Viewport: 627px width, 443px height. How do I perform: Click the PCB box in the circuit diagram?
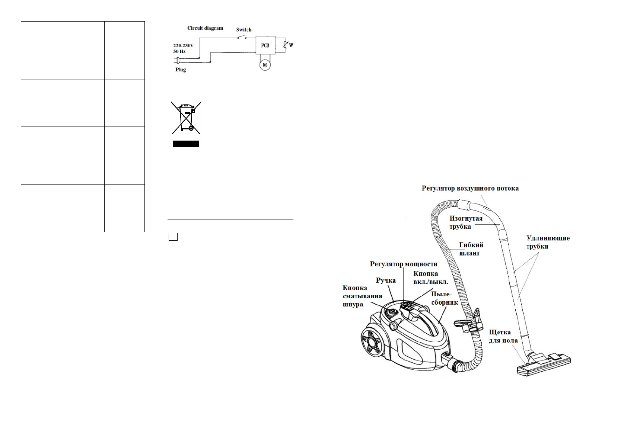pyautogui.click(x=265, y=45)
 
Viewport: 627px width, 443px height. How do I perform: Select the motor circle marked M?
pyautogui.click(x=265, y=65)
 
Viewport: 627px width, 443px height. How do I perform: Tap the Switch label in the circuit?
pyautogui.click(x=244, y=30)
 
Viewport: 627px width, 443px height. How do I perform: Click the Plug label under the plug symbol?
pyautogui.click(x=181, y=70)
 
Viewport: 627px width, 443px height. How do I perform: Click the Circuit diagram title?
pyautogui.click(x=205, y=28)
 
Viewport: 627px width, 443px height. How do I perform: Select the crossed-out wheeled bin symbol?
pyautogui.click(x=186, y=118)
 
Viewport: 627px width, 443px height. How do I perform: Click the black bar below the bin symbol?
pyautogui.click(x=186, y=144)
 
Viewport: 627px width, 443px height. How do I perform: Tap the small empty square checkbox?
pyautogui.click(x=173, y=237)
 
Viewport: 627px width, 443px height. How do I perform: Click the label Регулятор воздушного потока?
pyautogui.click(x=470, y=189)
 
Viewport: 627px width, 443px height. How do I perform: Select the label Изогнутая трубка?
pyautogui.click(x=465, y=222)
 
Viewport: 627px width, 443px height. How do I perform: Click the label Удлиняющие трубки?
pyautogui.click(x=548, y=242)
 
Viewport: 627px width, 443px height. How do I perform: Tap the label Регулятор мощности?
pyautogui.click(x=403, y=264)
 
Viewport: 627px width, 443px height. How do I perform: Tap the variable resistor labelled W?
pyautogui.click(x=285, y=45)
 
